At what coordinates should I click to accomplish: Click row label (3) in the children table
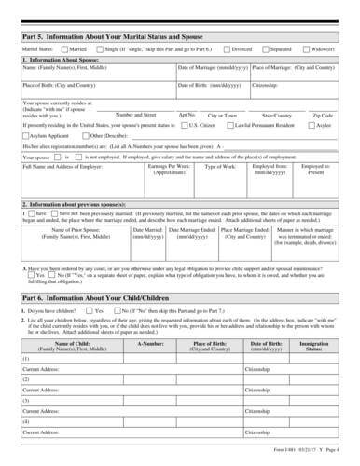point(27,400)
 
